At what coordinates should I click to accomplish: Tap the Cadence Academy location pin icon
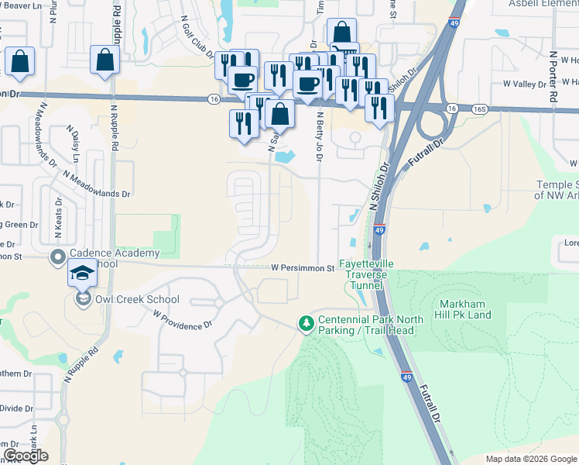point(57,257)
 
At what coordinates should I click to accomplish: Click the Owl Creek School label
point(135,299)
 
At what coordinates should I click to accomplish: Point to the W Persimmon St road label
point(302,268)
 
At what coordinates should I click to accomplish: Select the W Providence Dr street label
point(183,321)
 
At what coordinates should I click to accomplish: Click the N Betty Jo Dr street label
point(319,136)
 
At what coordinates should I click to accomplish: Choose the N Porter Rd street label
point(553,77)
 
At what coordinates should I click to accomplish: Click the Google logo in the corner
point(26,456)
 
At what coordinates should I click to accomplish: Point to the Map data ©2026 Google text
point(531,459)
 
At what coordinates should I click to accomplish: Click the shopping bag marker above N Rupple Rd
point(104,59)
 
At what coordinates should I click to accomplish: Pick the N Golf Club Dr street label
point(197,36)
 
